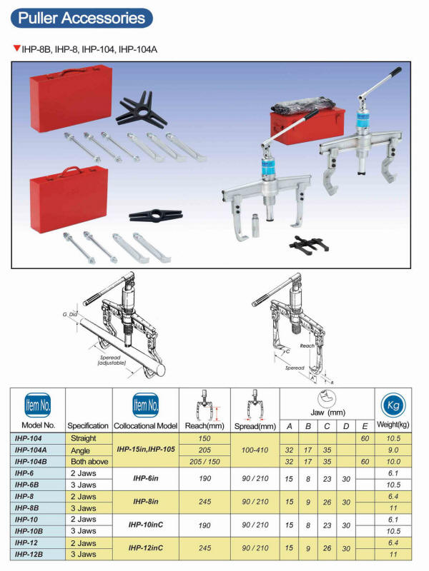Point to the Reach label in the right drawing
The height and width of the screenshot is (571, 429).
(x=307, y=345)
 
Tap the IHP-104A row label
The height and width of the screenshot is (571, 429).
(x=36, y=450)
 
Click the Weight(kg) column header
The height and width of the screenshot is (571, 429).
(x=391, y=425)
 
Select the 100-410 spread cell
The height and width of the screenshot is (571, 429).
(x=255, y=450)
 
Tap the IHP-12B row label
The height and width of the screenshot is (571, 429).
(x=36, y=554)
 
